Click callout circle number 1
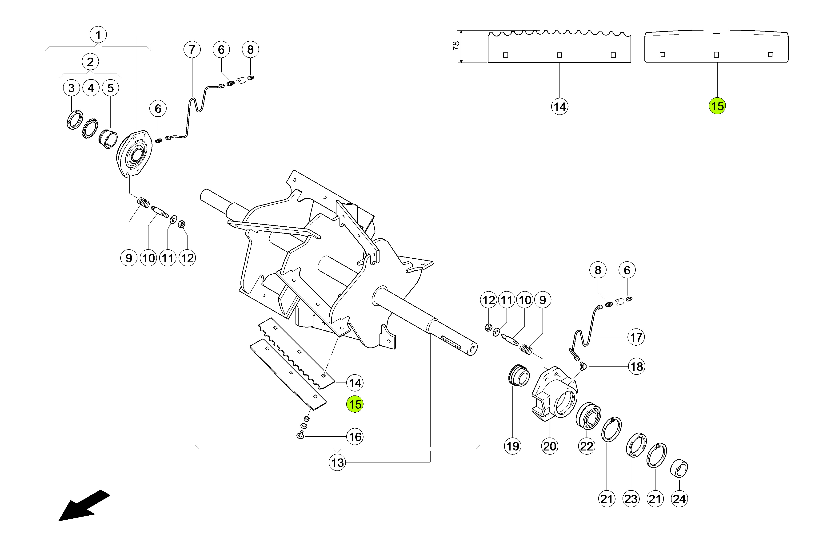tap(98, 35)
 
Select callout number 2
tap(90, 62)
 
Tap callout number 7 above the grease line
tap(192, 50)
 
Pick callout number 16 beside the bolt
tap(355, 437)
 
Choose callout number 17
tap(636, 337)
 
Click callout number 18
tap(636, 367)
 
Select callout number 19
tap(512, 446)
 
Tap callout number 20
tap(549, 446)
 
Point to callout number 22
tap(587, 446)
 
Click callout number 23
tap(631, 499)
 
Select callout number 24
tap(679, 499)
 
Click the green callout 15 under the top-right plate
tap(717, 106)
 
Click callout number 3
tap(72, 88)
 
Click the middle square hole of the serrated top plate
tap(559, 55)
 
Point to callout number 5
tap(110, 88)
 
